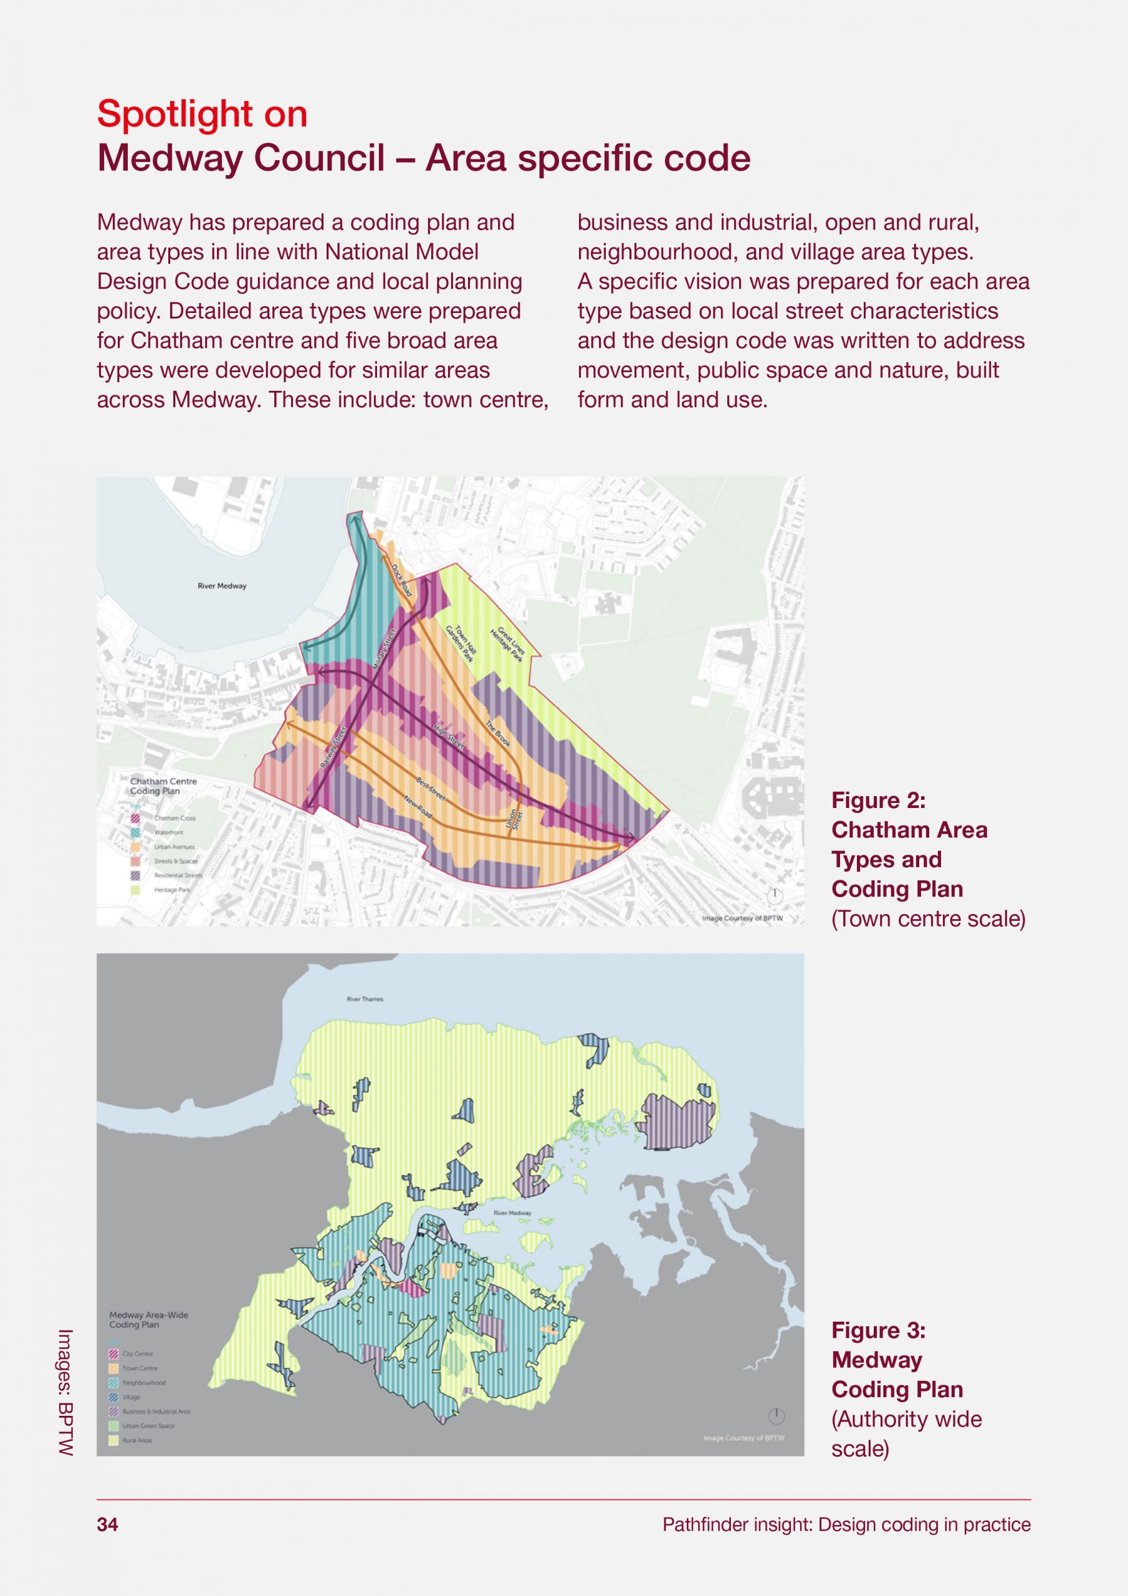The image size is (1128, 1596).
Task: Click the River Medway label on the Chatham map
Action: [x=222, y=586]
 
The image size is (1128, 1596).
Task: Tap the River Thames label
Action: [x=365, y=999]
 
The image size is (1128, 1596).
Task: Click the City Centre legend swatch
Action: [x=114, y=1353]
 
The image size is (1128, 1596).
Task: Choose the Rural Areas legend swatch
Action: [x=114, y=1440]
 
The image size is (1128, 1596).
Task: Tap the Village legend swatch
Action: [x=114, y=1396]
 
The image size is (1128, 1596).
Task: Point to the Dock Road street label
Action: [x=402, y=580]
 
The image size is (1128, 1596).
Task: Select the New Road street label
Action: [x=418, y=805]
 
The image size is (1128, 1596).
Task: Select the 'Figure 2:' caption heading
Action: [x=879, y=800]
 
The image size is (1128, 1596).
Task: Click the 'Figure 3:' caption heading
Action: [x=879, y=1330]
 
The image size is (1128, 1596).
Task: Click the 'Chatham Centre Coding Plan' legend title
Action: [x=164, y=786]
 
